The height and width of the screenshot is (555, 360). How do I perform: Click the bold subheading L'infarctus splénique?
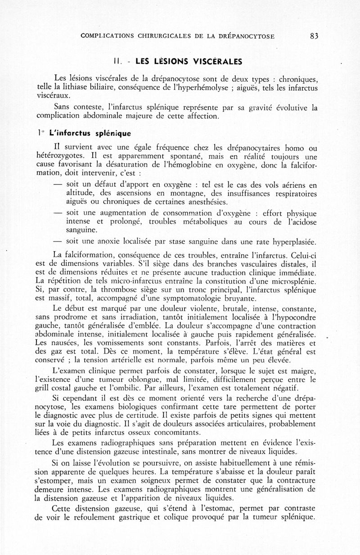tap(87, 133)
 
